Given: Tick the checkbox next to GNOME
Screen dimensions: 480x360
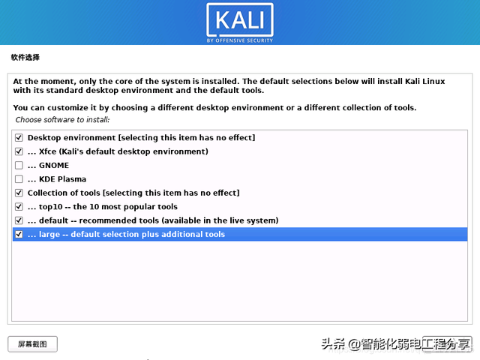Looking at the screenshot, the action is tap(19, 165).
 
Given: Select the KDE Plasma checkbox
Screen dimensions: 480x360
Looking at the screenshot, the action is tap(19, 179).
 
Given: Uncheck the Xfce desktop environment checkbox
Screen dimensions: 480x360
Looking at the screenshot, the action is tap(19, 151).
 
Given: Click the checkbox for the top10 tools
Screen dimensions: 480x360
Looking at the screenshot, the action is tap(19, 207).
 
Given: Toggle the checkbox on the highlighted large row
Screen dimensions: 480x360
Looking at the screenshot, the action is tap(19, 234).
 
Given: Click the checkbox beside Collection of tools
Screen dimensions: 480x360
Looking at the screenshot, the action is tap(19, 193).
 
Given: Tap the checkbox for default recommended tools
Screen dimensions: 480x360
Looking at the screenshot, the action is tap(19, 220).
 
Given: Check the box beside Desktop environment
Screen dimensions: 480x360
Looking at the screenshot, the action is tap(19, 138).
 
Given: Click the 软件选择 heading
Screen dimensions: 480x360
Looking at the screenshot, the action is tap(25, 57).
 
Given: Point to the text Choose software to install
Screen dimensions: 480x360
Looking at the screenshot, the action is tap(62, 120).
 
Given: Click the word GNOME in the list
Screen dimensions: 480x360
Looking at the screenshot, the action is tap(54, 165).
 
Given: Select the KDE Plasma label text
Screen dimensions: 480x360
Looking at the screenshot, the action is tap(62, 179).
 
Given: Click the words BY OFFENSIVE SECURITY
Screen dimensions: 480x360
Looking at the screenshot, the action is tap(240, 40).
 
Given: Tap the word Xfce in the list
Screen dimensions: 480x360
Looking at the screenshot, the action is tap(47, 151).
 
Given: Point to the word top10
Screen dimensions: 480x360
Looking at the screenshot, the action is tap(50, 207).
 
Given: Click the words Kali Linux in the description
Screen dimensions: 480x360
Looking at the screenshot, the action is tap(425, 81).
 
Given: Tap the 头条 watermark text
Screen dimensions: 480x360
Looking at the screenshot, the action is tap(333, 344).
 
